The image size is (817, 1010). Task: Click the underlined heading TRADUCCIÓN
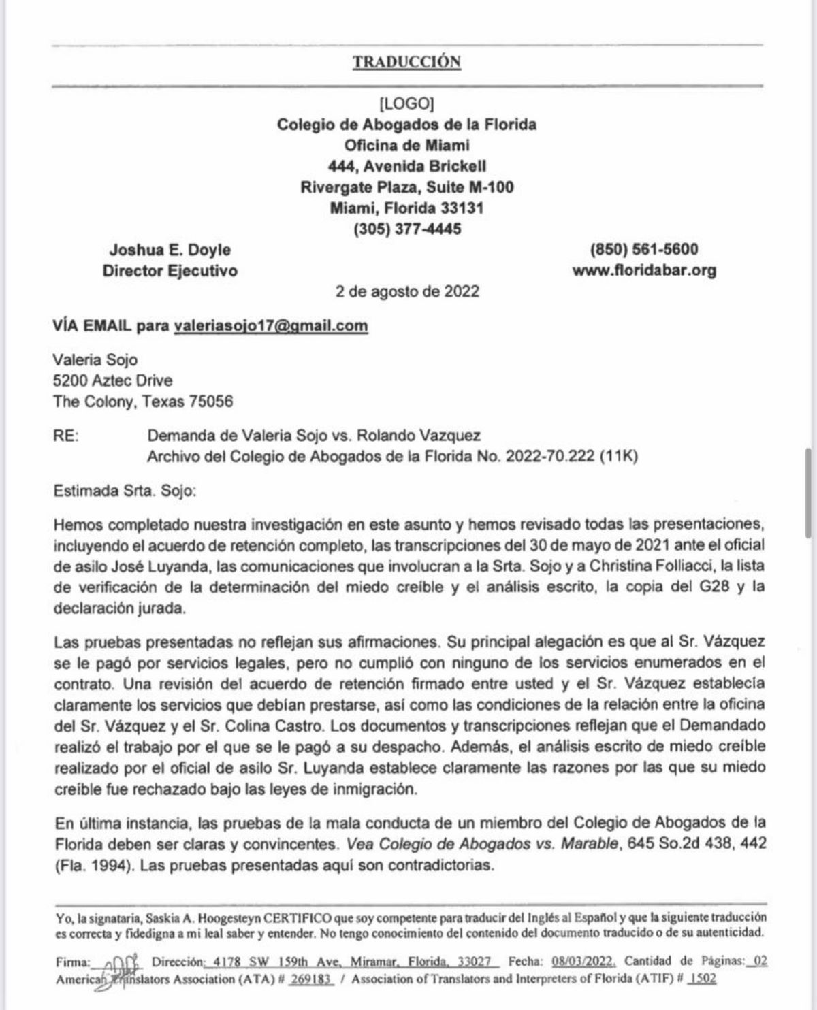(x=406, y=62)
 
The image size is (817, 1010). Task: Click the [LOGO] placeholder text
(x=406, y=103)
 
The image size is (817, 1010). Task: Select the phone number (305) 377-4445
(x=407, y=229)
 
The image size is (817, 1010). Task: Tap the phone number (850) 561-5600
(x=643, y=250)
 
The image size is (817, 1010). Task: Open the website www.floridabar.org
(x=644, y=271)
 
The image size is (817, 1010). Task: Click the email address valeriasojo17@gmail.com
(x=271, y=325)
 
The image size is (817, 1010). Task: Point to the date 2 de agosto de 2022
(x=407, y=291)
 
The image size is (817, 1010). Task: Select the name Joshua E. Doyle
(x=170, y=250)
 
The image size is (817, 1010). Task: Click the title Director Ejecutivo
(x=170, y=271)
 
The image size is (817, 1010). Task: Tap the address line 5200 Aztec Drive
(x=112, y=380)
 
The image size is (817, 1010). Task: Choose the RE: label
(x=65, y=436)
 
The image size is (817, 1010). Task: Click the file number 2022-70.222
(x=550, y=457)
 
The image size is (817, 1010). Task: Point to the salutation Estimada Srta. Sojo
(x=124, y=491)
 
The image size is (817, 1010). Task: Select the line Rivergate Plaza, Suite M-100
(x=407, y=187)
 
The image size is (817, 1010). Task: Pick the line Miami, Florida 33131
(x=407, y=208)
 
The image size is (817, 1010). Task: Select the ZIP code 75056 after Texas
(x=211, y=402)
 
